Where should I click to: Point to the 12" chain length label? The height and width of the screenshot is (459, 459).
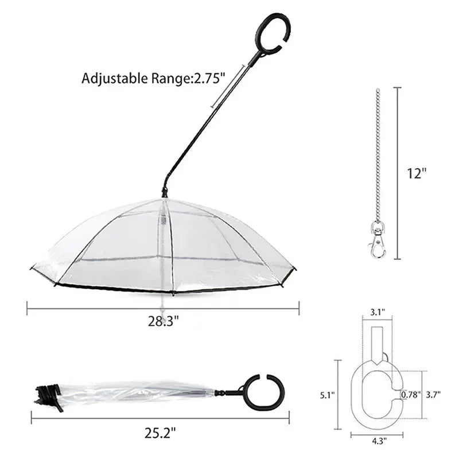[417, 174]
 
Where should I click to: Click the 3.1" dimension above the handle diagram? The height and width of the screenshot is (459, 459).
[378, 313]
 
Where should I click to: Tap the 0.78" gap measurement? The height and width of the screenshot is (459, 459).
[411, 395]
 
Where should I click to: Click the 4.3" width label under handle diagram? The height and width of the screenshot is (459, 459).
[378, 441]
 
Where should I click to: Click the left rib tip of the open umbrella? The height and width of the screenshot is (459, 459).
[33, 268]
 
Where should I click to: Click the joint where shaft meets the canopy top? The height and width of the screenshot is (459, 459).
[164, 193]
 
